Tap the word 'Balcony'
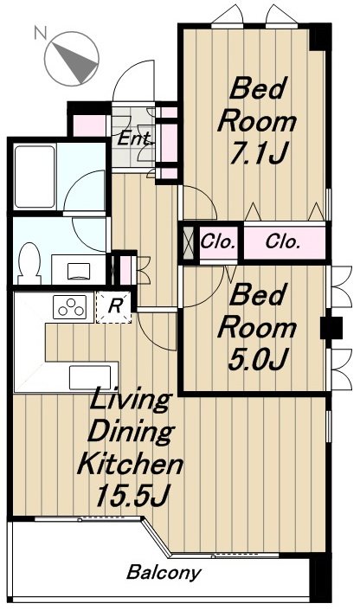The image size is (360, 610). tap(164, 573)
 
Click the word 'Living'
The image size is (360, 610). tap(130, 401)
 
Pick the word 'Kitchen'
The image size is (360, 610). tap(130, 465)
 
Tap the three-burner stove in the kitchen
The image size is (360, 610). tap(69, 306)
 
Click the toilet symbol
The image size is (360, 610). tap(30, 258)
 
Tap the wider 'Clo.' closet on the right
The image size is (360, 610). tap(284, 241)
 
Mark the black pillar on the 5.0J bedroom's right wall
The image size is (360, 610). tap(328, 329)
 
